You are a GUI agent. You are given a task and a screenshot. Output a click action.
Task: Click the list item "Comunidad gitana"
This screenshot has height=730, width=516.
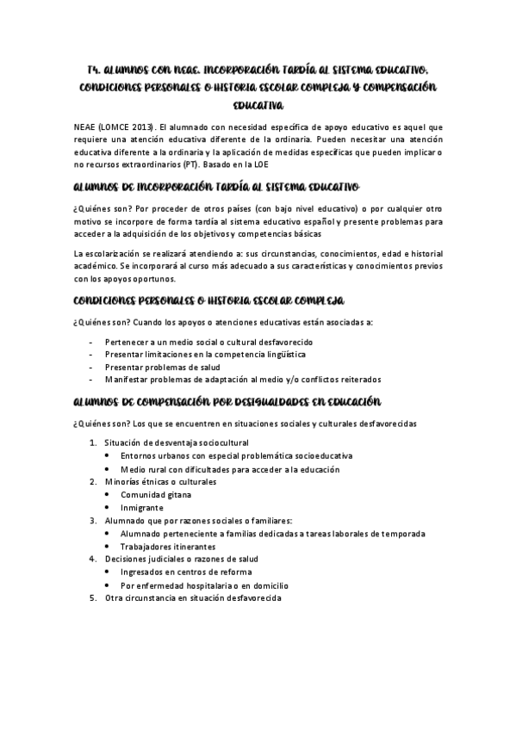point(156,495)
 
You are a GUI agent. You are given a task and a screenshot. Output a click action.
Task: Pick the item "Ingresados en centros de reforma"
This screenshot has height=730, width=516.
point(187,572)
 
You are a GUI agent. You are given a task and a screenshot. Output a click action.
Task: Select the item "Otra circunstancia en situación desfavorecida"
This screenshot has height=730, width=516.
point(192,598)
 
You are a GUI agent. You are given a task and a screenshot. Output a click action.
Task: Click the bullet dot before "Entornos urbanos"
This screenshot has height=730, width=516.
point(106,456)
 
